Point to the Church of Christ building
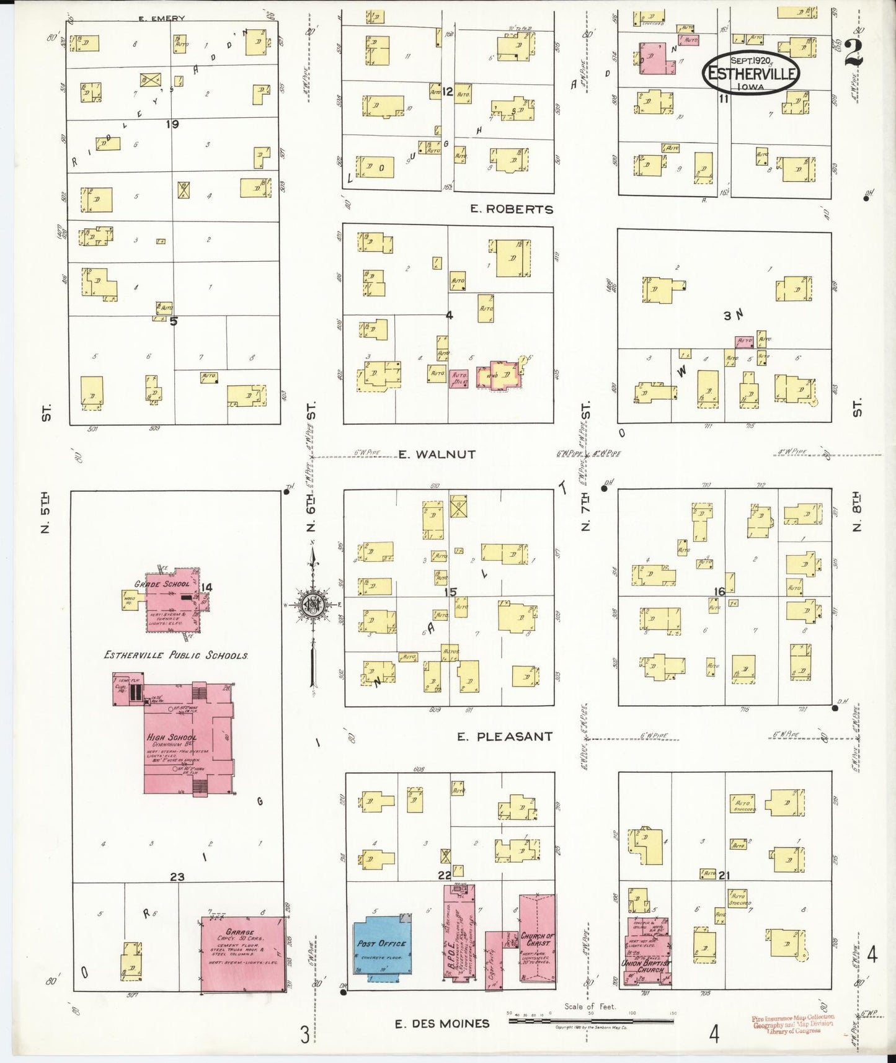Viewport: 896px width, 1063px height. pyautogui.click(x=537, y=936)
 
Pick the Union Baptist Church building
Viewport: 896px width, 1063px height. pyautogui.click(x=647, y=952)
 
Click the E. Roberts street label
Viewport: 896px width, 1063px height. pyautogui.click(x=511, y=210)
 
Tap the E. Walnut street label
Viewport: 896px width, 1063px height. pyautogui.click(x=437, y=455)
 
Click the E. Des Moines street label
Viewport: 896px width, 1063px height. pyautogui.click(x=441, y=1024)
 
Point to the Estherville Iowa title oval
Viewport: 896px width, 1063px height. pyautogui.click(x=751, y=73)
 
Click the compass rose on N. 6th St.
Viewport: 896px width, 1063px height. pyautogui.click(x=313, y=605)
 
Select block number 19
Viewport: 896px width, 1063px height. pyautogui.click(x=172, y=124)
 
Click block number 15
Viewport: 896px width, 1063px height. pyautogui.click(x=450, y=592)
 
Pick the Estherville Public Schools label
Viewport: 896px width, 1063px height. pyautogui.click(x=176, y=656)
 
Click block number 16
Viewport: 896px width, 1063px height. pyautogui.click(x=719, y=592)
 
